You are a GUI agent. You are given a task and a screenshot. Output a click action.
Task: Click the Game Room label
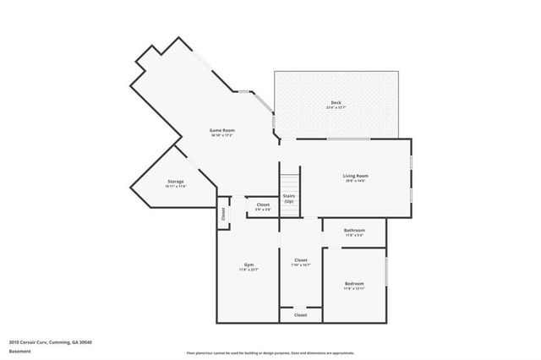click(222, 130)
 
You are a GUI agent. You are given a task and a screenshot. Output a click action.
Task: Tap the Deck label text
click(336, 103)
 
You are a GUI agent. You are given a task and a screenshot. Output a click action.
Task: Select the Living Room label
click(355, 176)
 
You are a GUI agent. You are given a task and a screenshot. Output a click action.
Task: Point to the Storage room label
click(175, 181)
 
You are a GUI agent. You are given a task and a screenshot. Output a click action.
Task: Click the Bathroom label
click(354, 230)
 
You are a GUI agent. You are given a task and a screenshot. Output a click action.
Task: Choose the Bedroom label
click(354, 283)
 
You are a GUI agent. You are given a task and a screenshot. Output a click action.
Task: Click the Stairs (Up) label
click(289, 198)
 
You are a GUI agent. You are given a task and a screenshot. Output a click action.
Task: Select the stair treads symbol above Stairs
click(290, 181)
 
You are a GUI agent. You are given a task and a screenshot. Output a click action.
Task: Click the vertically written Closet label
click(223, 214)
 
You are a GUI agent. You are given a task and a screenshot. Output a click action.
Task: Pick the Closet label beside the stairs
click(263, 205)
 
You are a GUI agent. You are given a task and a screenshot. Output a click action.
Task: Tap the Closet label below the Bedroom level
click(300, 314)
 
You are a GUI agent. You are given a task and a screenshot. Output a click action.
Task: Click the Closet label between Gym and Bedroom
click(300, 259)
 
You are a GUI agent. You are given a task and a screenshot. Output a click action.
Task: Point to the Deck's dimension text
click(336, 108)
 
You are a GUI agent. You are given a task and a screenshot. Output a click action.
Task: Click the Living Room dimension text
click(355, 181)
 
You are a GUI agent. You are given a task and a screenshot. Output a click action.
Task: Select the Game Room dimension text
click(222, 135)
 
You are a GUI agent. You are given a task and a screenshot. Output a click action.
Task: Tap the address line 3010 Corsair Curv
click(50, 341)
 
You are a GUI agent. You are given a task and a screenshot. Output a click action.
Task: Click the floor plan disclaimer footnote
click(270, 352)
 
